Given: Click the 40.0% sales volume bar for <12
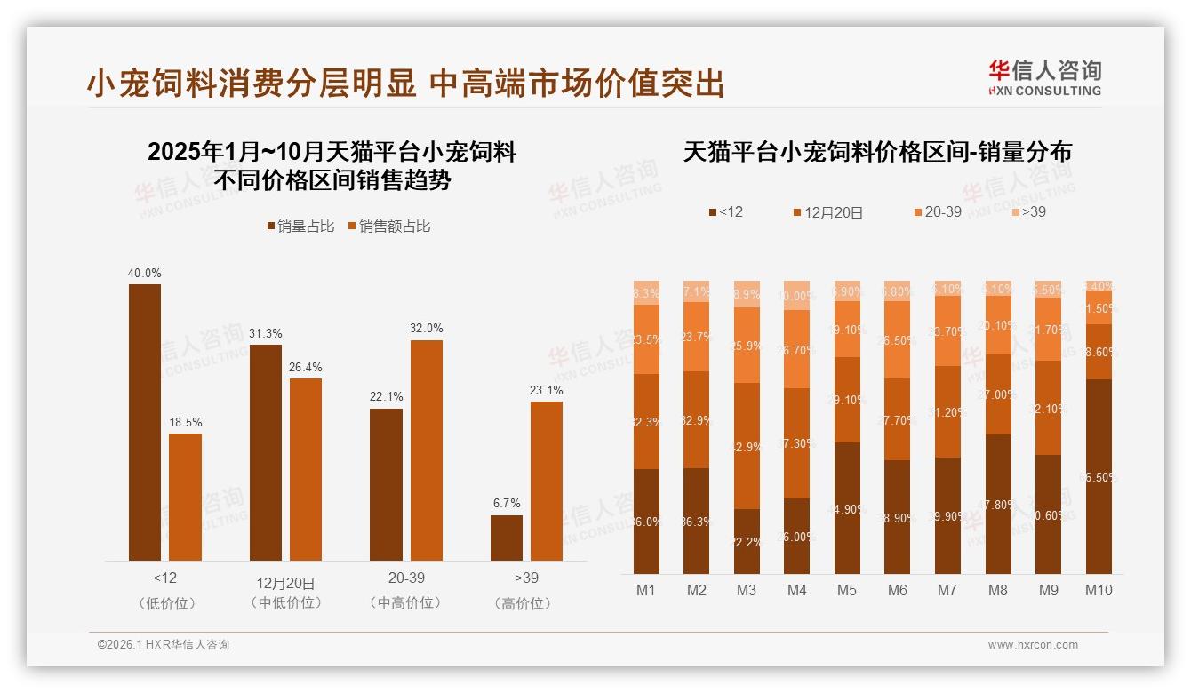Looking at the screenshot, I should [145, 422].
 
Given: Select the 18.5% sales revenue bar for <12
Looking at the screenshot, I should [185, 497].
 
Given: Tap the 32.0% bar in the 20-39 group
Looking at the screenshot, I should [426, 450].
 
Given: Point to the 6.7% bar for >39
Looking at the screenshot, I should [507, 538].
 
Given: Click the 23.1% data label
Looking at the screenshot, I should [547, 390].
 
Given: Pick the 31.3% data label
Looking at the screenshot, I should [266, 333].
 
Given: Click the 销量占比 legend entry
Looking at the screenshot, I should [300, 227].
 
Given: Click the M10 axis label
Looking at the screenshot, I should [1099, 590].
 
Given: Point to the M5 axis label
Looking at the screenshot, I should [847, 590].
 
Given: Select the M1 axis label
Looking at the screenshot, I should [646, 590].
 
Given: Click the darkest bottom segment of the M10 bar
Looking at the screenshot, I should [1099, 476].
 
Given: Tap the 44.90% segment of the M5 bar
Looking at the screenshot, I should [847, 507].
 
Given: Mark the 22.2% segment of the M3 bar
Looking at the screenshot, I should [747, 541].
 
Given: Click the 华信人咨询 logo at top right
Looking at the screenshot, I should [1044, 77].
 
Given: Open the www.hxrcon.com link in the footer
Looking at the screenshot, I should [1033, 645].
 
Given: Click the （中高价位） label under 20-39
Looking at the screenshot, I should [405, 602].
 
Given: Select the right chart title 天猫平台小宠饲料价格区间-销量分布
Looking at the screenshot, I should [877, 152].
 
